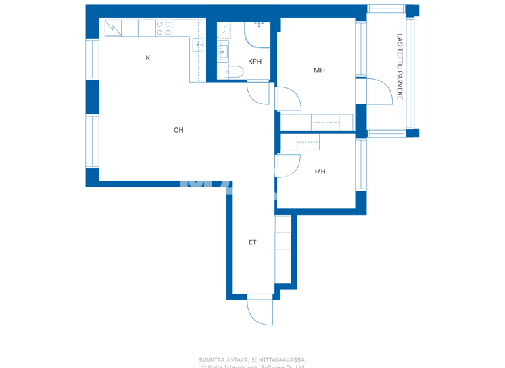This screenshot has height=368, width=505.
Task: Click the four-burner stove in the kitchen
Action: pyautogui.click(x=164, y=28)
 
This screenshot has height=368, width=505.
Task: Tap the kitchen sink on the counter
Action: pyautogui.click(x=198, y=44)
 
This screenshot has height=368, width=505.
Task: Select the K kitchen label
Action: pyautogui.click(x=148, y=58)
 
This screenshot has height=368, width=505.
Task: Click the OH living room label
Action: pyautogui.click(x=178, y=130)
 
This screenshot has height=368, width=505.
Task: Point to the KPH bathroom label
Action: pyautogui.click(x=254, y=62)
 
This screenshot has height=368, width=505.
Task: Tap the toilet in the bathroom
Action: pyautogui.click(x=233, y=72)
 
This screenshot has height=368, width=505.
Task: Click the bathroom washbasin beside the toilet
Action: pyautogui.click(x=222, y=51)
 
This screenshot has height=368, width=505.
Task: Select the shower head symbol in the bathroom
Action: pyautogui.click(x=259, y=24)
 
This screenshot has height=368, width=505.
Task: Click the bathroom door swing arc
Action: pyautogui.click(x=258, y=94)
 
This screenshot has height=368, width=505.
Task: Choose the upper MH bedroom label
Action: pyautogui.click(x=319, y=70)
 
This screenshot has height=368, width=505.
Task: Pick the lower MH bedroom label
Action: pyautogui.click(x=320, y=172)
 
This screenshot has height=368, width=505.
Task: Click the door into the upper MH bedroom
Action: pyautogui.click(x=288, y=99)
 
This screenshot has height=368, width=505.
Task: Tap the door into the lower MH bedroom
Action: pyautogui.click(x=288, y=166)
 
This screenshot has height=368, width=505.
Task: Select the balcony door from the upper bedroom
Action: pyautogui.click(x=378, y=91)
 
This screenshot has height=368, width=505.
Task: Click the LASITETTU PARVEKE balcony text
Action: pyautogui.click(x=400, y=66)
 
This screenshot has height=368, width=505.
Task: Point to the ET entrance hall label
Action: pyautogui.click(x=252, y=242)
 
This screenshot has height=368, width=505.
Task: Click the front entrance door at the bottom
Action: pyautogui.click(x=260, y=310)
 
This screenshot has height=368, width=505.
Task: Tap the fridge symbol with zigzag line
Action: pyautogui.click(x=113, y=28)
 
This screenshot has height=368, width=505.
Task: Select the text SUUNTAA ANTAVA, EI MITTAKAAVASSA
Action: pyautogui.click(x=252, y=359)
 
